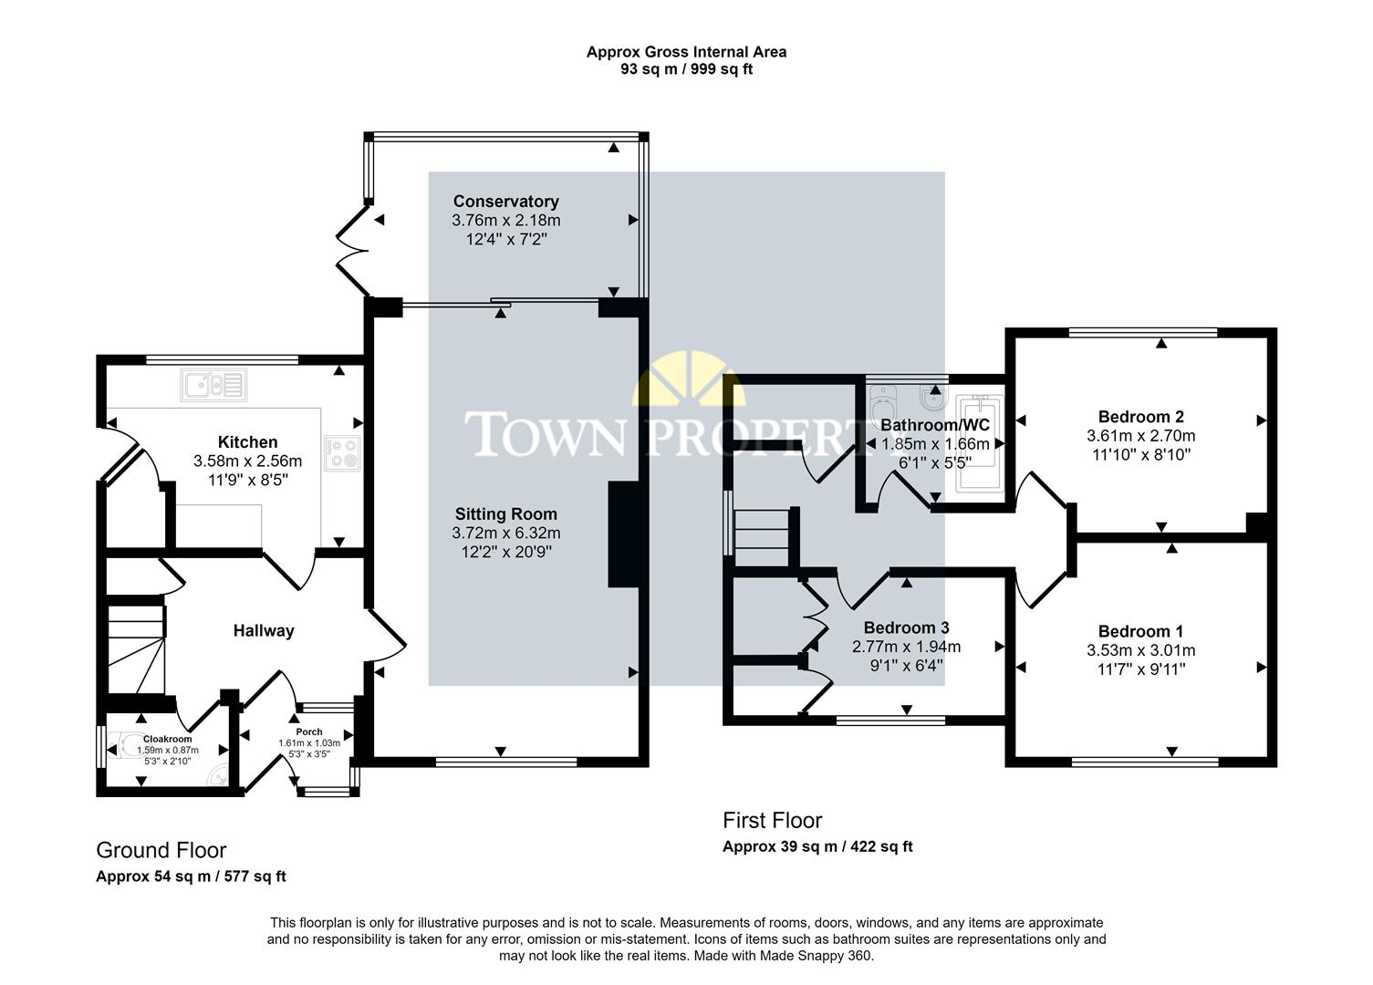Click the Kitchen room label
(x=247, y=442)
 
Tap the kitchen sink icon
(x=213, y=384)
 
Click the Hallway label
(x=264, y=631)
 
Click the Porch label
(x=309, y=731)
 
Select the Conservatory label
(x=505, y=202)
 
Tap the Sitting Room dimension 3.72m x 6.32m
(x=505, y=534)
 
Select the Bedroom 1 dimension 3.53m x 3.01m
(x=1140, y=651)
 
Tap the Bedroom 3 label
(x=906, y=627)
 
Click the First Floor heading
(x=772, y=821)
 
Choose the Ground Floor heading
(x=161, y=851)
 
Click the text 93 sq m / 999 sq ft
(x=686, y=69)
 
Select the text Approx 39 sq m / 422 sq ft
(x=817, y=847)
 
